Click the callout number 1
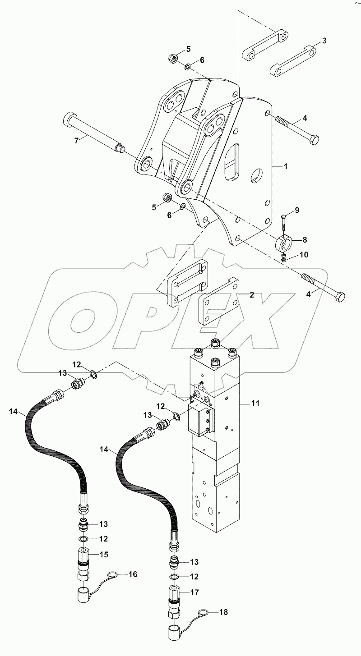coord(285,166)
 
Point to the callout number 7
coord(76,140)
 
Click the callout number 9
coord(297,210)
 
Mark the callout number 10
coord(304,255)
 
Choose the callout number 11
coord(255,404)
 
